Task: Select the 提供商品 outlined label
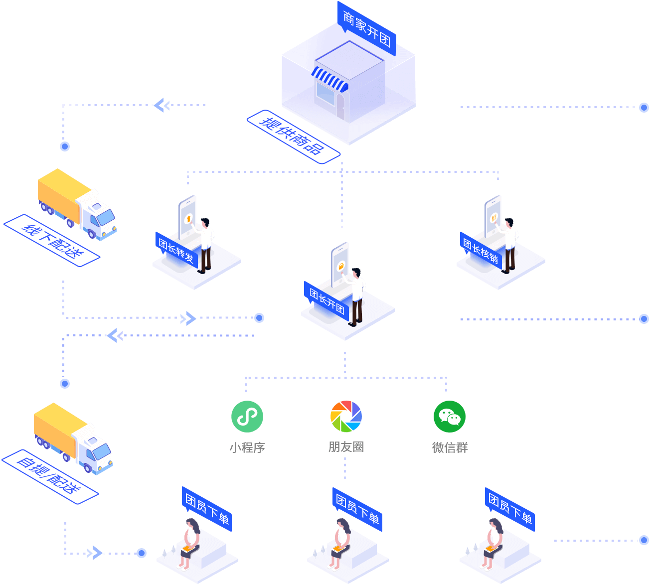[293, 137]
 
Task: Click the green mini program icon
[247, 416]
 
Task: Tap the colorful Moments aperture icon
[346, 416]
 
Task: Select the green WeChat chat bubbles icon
[450, 416]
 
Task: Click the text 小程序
[247, 447]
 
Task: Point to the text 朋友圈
[346, 447]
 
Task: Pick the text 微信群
[450, 447]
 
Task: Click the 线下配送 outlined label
[52, 240]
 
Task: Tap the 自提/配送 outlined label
[50, 477]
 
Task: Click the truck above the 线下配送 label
[77, 204]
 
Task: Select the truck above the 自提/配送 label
[73, 439]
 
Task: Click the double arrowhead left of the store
[162, 105]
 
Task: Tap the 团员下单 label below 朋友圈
[357, 509]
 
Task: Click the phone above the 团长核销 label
[493, 217]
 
